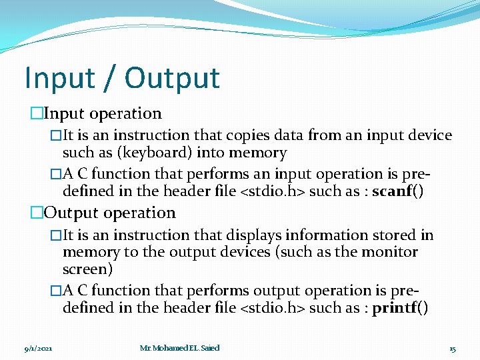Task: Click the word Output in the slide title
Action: tap(172, 78)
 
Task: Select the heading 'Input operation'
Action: tap(103, 114)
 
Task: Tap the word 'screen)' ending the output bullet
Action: tap(87, 269)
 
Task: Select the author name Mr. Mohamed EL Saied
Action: tap(179, 348)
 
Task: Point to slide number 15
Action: tap(452, 348)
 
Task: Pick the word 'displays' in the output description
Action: tap(258, 235)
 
